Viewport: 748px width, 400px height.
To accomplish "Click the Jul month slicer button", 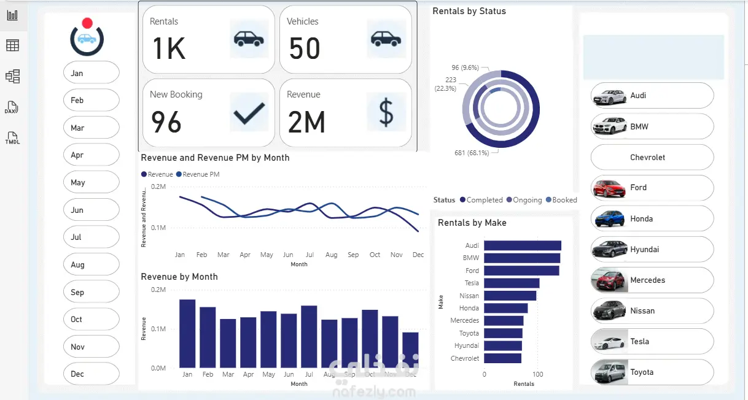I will (x=91, y=237).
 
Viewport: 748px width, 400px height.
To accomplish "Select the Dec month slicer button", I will (x=91, y=374).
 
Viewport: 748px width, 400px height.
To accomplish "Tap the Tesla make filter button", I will (x=652, y=341).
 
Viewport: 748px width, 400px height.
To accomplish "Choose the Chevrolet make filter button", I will (x=652, y=157).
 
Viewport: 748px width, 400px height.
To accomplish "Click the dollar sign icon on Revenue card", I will (x=386, y=113).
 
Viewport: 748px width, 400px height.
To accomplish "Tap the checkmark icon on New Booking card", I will (x=249, y=113).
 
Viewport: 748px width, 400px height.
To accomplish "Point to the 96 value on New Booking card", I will (x=166, y=121).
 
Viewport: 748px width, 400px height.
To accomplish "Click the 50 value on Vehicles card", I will (x=305, y=48).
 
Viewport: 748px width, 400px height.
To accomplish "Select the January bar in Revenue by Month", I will (x=187, y=333).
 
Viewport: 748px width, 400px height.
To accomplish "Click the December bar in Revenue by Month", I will (x=410, y=350).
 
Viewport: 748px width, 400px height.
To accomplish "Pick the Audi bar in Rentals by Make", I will (x=523, y=245).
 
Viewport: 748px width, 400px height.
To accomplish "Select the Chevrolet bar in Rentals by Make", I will (x=502, y=358).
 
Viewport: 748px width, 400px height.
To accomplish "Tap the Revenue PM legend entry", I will (x=198, y=174).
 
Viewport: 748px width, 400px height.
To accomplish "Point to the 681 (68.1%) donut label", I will (x=471, y=153).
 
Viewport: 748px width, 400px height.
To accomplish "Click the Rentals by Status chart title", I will (x=469, y=11).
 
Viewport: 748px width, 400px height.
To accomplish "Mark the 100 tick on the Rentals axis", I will (x=537, y=374).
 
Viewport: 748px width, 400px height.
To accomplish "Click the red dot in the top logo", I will (x=87, y=23).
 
